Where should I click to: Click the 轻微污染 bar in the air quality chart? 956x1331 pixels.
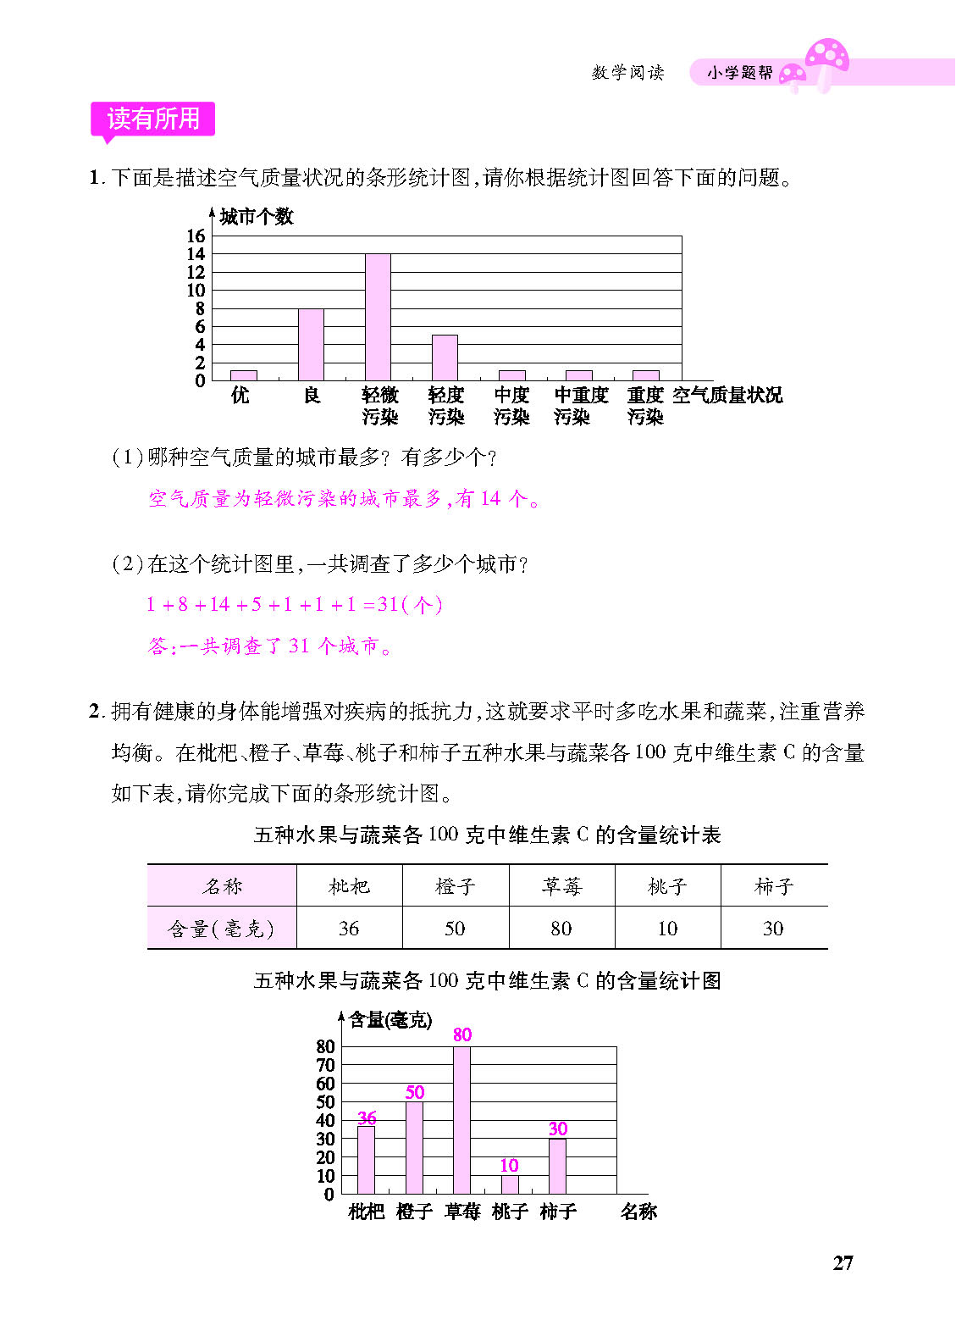click(378, 317)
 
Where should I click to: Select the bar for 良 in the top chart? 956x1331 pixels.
click(311, 345)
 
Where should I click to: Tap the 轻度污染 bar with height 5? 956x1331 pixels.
click(445, 358)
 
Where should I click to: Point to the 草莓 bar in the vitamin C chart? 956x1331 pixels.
click(461, 1120)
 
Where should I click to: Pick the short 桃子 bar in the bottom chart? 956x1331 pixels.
click(509, 1184)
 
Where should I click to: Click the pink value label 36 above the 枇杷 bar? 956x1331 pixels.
click(367, 1117)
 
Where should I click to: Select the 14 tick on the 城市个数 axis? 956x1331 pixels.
click(196, 254)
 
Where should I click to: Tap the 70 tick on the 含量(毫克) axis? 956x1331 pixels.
click(326, 1065)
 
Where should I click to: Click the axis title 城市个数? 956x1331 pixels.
click(256, 217)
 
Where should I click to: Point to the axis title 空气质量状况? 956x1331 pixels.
click(727, 396)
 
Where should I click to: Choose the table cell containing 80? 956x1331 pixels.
click(561, 929)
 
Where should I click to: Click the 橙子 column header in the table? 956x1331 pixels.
click(456, 886)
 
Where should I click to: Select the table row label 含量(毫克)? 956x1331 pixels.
click(221, 929)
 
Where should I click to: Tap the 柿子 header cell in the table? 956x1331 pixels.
click(773, 886)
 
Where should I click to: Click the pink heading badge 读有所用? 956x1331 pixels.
click(153, 119)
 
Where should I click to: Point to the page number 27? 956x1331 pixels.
click(843, 1263)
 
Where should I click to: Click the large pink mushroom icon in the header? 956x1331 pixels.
click(826, 58)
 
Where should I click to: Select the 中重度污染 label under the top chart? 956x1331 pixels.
click(581, 405)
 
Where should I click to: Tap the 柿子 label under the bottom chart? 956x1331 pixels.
click(558, 1212)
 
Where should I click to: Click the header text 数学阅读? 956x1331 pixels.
click(627, 73)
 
